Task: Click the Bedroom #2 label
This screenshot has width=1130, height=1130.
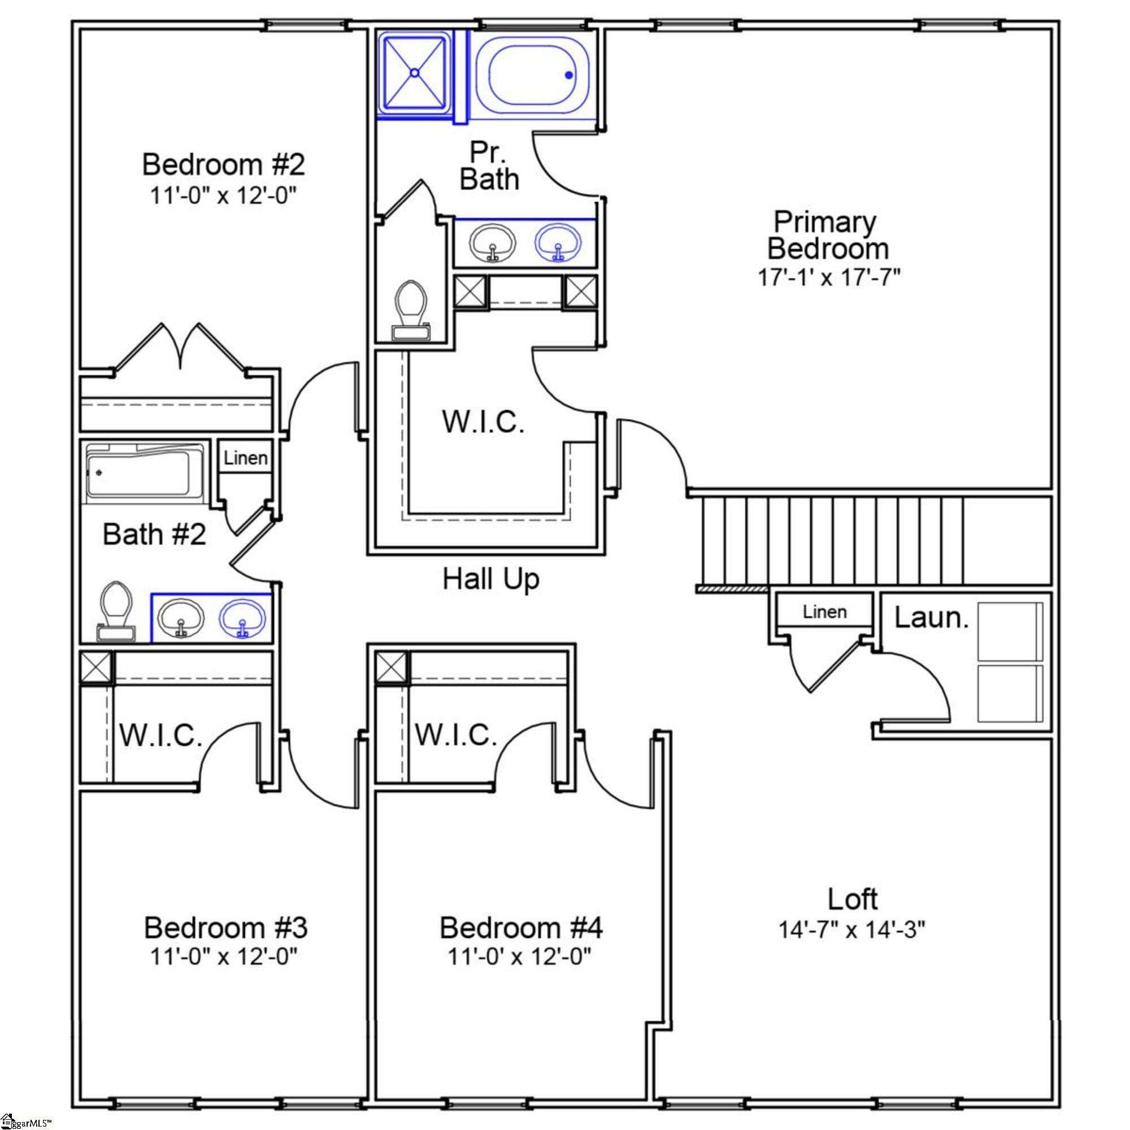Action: pyautogui.click(x=223, y=164)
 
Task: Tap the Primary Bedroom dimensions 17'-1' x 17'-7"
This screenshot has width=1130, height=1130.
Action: pyautogui.click(x=828, y=277)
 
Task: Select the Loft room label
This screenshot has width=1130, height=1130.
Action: pyautogui.click(x=852, y=898)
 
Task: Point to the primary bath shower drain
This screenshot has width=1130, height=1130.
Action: pyautogui.click(x=414, y=73)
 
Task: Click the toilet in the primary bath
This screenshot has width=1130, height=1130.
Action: pyautogui.click(x=412, y=310)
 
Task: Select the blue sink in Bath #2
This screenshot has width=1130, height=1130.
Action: pyautogui.click(x=242, y=619)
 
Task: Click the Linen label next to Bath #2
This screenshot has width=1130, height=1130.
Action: pyautogui.click(x=246, y=458)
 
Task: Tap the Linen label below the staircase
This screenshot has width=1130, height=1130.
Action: pyautogui.click(x=825, y=612)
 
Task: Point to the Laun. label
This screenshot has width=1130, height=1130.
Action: pyautogui.click(x=931, y=618)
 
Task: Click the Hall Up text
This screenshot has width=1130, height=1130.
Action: pyautogui.click(x=491, y=579)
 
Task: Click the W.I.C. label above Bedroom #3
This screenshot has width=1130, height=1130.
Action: pyautogui.click(x=161, y=734)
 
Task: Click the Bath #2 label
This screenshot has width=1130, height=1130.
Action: pyautogui.click(x=154, y=534)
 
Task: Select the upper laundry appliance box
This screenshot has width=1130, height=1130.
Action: pyautogui.click(x=1010, y=632)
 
